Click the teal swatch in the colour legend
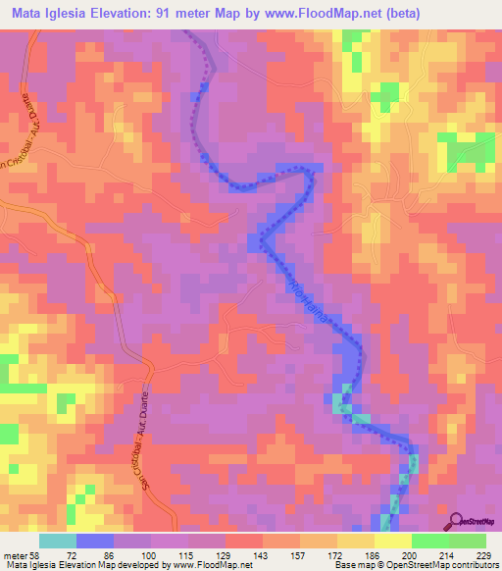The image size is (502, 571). pyautogui.click(x=58, y=541)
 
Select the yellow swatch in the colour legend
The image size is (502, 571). pyautogui.click(x=393, y=541)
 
